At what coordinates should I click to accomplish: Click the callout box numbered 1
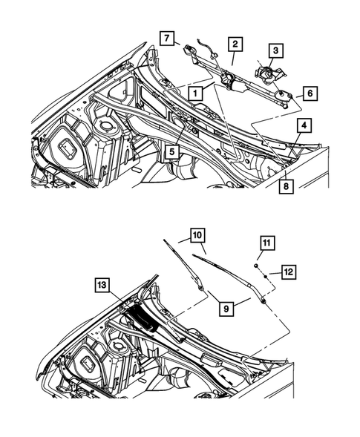tap(194, 93)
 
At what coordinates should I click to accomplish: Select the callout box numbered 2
tap(234, 45)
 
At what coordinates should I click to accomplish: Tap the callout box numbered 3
tap(275, 50)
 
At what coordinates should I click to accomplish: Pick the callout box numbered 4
tap(305, 127)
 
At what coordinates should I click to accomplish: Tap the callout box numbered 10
tap(197, 236)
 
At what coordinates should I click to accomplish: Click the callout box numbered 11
tap(265, 243)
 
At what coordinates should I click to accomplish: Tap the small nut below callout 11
tap(255, 265)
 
